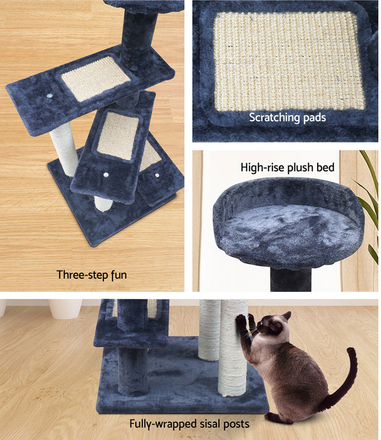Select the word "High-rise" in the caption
tap(262, 168)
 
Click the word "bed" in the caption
tap(326, 167)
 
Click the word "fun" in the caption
tap(119, 275)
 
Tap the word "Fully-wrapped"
tap(163, 424)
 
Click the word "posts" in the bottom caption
tap(236, 424)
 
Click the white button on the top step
tap(50, 96)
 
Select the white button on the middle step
tap(105, 175)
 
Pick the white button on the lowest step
tap(157, 175)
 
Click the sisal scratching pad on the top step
tap(95, 79)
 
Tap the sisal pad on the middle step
tap(118, 135)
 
